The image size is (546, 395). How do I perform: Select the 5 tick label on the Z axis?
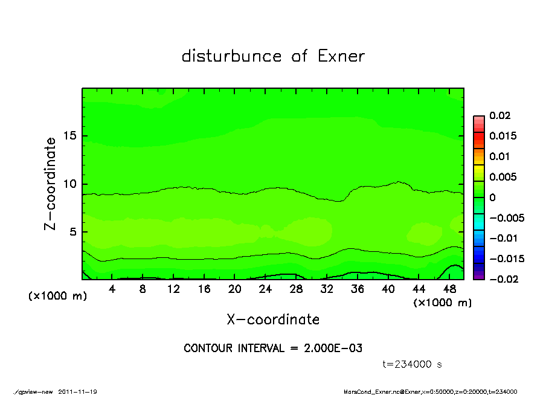pyautogui.click(x=74, y=232)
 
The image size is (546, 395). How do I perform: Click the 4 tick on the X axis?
pyautogui.click(x=112, y=289)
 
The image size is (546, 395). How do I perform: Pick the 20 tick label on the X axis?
pyautogui.click(x=235, y=289)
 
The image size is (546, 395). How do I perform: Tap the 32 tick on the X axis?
pyautogui.click(x=327, y=289)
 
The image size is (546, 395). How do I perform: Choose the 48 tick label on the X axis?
pyautogui.click(x=449, y=289)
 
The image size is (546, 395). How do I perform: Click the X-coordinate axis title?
pyautogui.click(x=273, y=320)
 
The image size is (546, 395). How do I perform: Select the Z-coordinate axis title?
pyautogui.click(x=51, y=184)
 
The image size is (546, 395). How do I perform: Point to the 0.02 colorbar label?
pyautogui.click(x=501, y=115)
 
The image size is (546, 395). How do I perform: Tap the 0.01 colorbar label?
pyautogui.click(x=501, y=156)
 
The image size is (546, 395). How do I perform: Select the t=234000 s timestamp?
pyautogui.click(x=413, y=364)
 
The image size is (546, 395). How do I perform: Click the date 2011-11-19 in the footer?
pyautogui.click(x=78, y=391)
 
